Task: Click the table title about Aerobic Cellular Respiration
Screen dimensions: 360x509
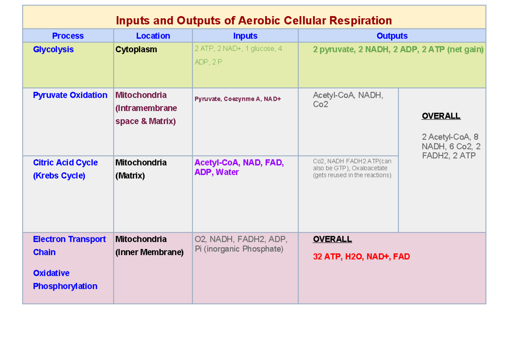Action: click(x=254, y=20)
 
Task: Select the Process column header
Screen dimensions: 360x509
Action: click(x=68, y=36)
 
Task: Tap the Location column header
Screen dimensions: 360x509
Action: click(x=153, y=36)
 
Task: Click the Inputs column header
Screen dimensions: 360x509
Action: click(x=245, y=36)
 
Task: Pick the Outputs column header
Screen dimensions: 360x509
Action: click(x=392, y=36)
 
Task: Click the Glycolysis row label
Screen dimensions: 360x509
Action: click(x=53, y=50)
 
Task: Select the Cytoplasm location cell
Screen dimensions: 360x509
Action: click(x=136, y=50)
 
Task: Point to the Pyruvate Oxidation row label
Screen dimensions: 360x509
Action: click(x=70, y=95)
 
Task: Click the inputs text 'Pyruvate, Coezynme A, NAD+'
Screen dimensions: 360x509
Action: click(x=238, y=99)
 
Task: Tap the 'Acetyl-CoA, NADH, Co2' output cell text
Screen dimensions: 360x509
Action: click(x=348, y=100)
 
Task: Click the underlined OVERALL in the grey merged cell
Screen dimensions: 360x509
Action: click(x=441, y=116)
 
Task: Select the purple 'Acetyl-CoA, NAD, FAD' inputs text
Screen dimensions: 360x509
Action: click(x=239, y=163)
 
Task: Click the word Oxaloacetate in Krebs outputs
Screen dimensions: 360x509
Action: click(x=374, y=168)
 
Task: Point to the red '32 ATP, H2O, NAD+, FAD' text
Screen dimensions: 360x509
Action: click(x=361, y=257)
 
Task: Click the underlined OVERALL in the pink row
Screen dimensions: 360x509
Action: click(x=332, y=240)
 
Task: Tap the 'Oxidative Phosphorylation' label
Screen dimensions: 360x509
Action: click(x=65, y=280)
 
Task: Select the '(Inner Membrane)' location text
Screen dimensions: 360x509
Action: click(x=149, y=252)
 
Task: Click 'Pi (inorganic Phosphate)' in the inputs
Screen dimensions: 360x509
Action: click(x=239, y=249)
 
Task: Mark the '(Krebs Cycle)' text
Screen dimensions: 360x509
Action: click(x=59, y=176)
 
